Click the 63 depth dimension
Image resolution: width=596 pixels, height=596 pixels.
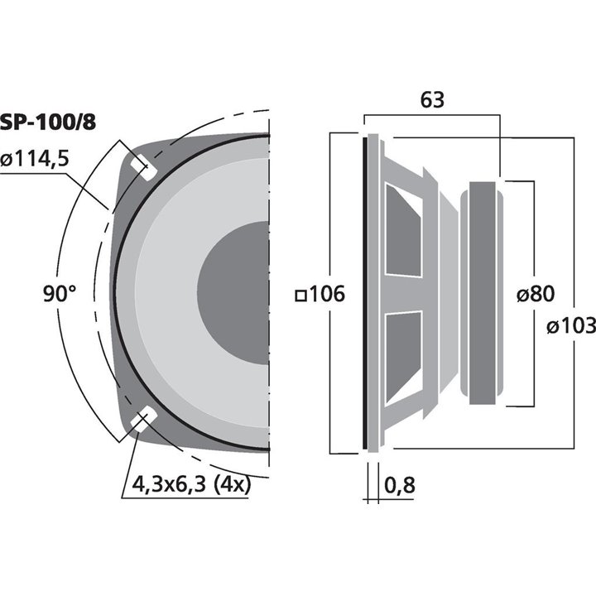(432, 100)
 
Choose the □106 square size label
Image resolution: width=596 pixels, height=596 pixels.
(319, 294)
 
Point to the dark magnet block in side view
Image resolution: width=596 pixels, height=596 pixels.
(485, 293)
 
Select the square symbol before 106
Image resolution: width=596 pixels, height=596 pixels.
(300, 295)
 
